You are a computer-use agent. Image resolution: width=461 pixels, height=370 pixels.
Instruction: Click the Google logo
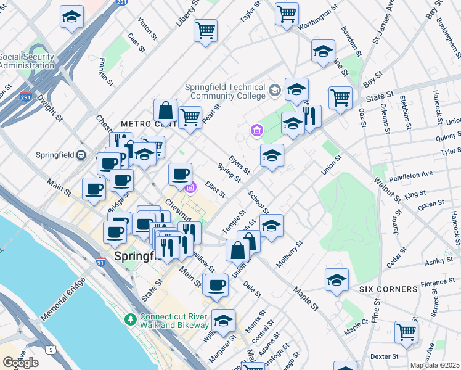20,363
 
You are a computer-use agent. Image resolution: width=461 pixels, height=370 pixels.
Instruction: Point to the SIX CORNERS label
388,289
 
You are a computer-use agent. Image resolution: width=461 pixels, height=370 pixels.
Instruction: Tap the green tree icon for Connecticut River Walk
130,319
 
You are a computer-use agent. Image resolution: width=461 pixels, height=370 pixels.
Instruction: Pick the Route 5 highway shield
50,350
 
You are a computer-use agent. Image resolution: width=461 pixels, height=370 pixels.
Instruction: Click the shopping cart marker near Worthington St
287,14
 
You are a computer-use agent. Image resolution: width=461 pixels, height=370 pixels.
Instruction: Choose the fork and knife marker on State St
310,115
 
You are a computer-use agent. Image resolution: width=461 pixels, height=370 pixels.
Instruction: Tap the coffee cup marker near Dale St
216,286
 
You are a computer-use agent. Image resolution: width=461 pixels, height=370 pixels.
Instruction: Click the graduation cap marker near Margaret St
224,321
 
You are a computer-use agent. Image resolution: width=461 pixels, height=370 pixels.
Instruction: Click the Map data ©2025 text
435,365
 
